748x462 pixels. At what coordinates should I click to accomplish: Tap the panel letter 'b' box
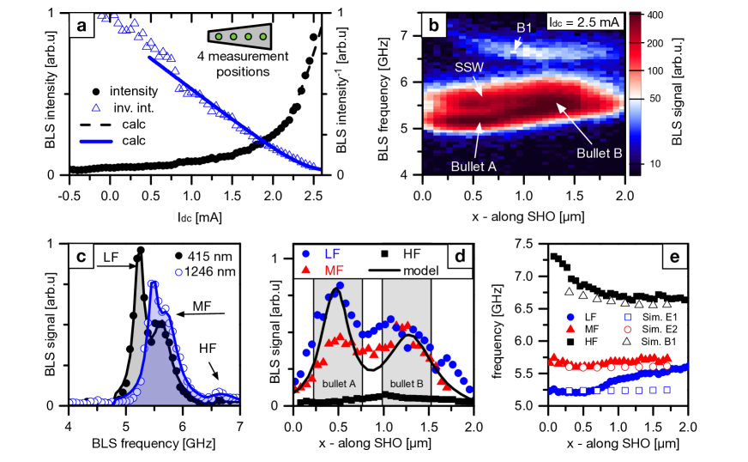click(x=434, y=26)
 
